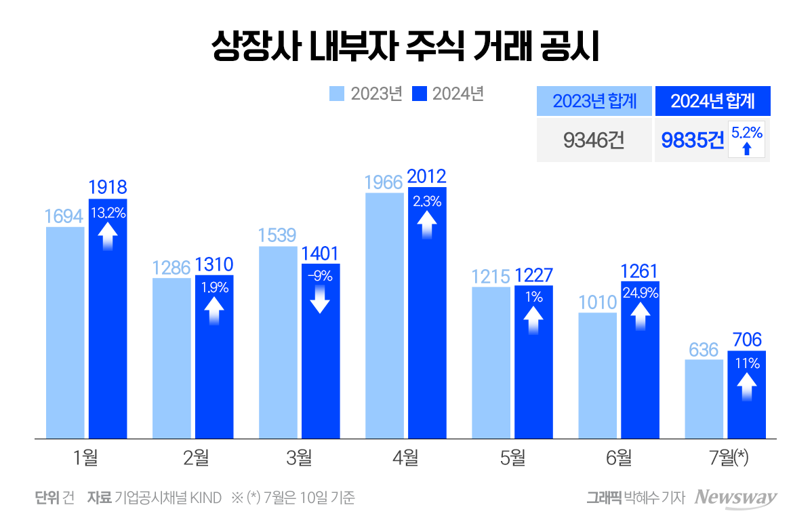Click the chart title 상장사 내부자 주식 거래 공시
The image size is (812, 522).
[x=405, y=48]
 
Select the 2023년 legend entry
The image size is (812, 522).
[x=366, y=94]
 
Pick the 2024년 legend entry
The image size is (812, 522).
[x=448, y=94]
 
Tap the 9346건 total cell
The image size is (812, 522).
[x=594, y=140]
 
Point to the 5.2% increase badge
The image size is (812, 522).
[x=746, y=140]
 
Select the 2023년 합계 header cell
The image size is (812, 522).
[x=594, y=102]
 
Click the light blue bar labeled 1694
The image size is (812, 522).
[x=65, y=332]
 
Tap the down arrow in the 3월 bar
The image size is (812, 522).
[x=320, y=299]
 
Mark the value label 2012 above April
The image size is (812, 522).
[x=427, y=177]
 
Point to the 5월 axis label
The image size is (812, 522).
[x=512, y=458]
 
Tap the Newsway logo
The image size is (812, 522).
[x=736, y=498]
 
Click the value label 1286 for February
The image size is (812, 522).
[x=171, y=268]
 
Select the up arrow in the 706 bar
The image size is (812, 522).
[x=746, y=387]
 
